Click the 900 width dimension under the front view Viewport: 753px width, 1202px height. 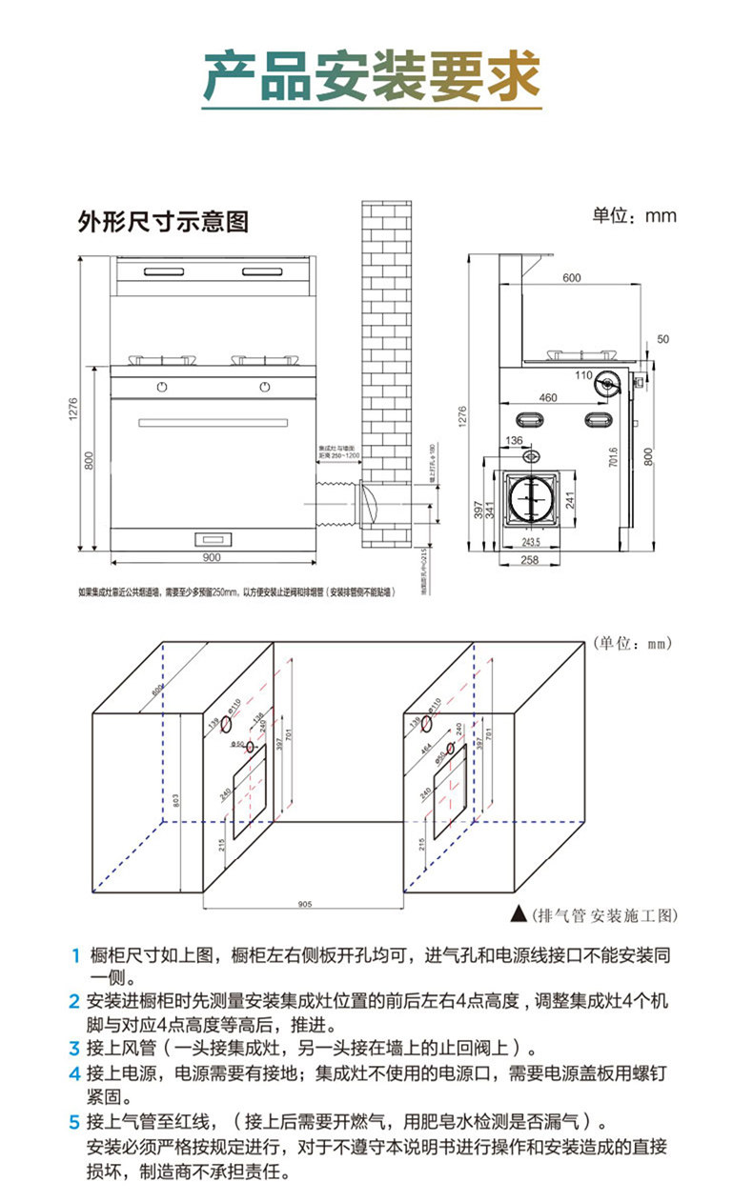click(211, 557)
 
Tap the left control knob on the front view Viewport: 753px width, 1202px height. click(162, 387)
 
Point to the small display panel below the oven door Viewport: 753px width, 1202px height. click(211, 536)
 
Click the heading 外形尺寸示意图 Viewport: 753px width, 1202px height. click(163, 222)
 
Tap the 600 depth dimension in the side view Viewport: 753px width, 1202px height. click(570, 277)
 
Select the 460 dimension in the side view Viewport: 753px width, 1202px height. click(547, 396)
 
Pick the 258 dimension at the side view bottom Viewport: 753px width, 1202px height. click(530, 560)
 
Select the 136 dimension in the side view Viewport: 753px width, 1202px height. click(515, 441)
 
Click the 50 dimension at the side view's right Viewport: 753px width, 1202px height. click(663, 339)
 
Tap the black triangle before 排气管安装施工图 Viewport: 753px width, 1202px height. click(519, 913)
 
